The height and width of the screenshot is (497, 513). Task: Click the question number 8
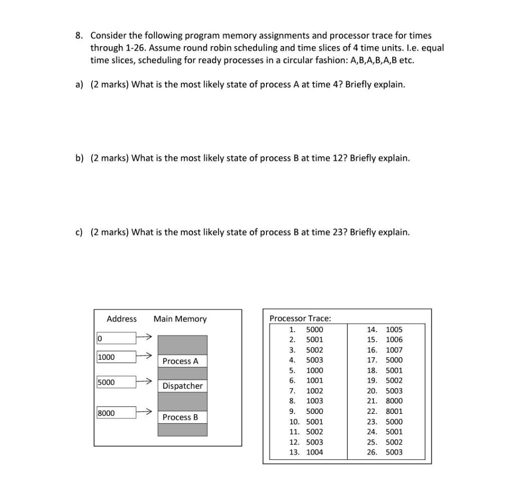click(x=79, y=36)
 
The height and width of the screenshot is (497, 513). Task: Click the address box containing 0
click(x=116, y=339)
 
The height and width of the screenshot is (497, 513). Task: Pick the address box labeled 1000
click(x=116, y=357)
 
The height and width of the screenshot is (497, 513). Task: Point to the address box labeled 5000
click(x=116, y=382)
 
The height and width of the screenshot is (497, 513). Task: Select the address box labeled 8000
click(x=116, y=413)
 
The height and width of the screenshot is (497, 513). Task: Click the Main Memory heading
click(x=180, y=319)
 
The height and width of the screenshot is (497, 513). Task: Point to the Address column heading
click(x=121, y=319)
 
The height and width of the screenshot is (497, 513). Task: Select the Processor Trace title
click(x=300, y=318)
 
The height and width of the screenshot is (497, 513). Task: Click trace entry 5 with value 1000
click(x=307, y=370)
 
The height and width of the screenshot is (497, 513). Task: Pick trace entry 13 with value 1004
click(x=307, y=452)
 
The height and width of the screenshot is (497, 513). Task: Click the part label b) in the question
click(x=79, y=158)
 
